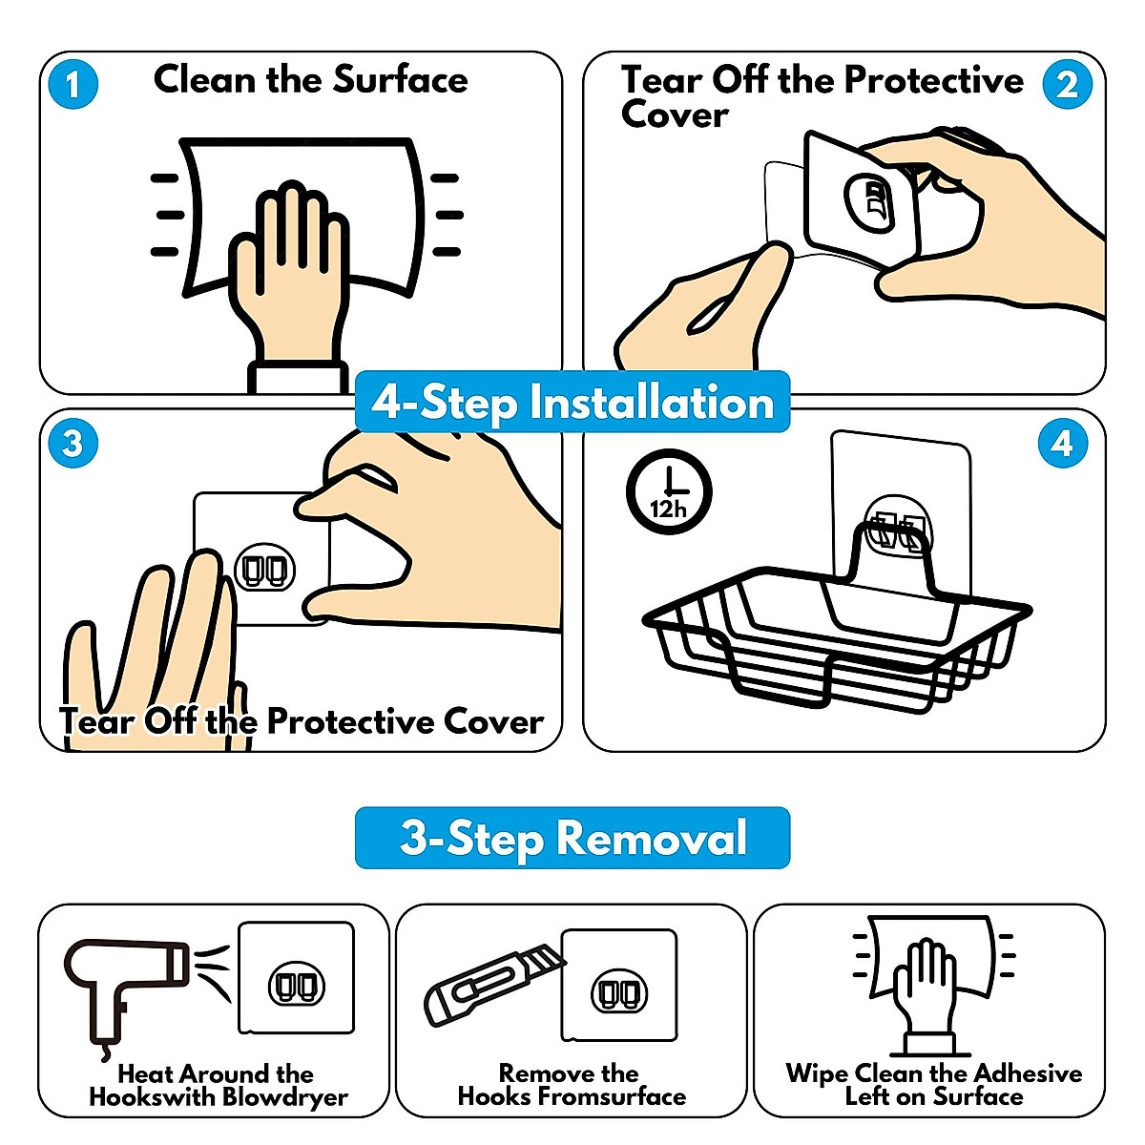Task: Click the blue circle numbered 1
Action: (x=73, y=84)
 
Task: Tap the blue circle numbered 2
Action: (x=1067, y=84)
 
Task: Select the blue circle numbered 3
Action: (x=73, y=444)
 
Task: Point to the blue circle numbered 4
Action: (x=1063, y=444)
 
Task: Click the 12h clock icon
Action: (x=669, y=491)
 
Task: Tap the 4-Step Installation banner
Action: (x=572, y=402)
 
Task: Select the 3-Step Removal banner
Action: (x=572, y=838)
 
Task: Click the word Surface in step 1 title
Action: (x=400, y=79)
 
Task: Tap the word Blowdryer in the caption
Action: (x=284, y=1097)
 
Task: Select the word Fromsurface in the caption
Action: (x=613, y=1095)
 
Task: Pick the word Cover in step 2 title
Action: (x=675, y=114)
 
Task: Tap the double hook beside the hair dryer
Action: (x=297, y=986)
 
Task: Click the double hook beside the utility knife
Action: (x=618, y=993)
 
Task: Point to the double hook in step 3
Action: (x=265, y=570)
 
